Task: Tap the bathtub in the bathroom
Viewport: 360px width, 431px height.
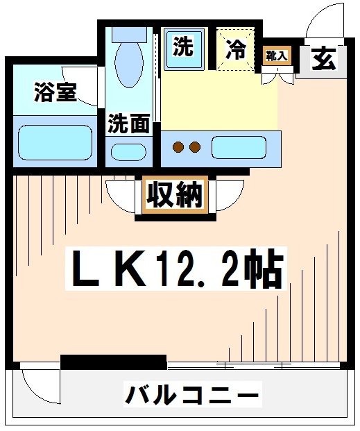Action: pyautogui.click(x=54, y=142)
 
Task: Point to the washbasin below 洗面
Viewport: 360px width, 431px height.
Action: pyautogui.click(x=129, y=151)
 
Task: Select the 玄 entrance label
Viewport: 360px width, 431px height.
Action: pyautogui.click(x=323, y=58)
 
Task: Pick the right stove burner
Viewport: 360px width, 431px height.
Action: pyautogui.click(x=195, y=146)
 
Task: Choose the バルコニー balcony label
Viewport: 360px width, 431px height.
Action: pyautogui.click(x=192, y=396)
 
